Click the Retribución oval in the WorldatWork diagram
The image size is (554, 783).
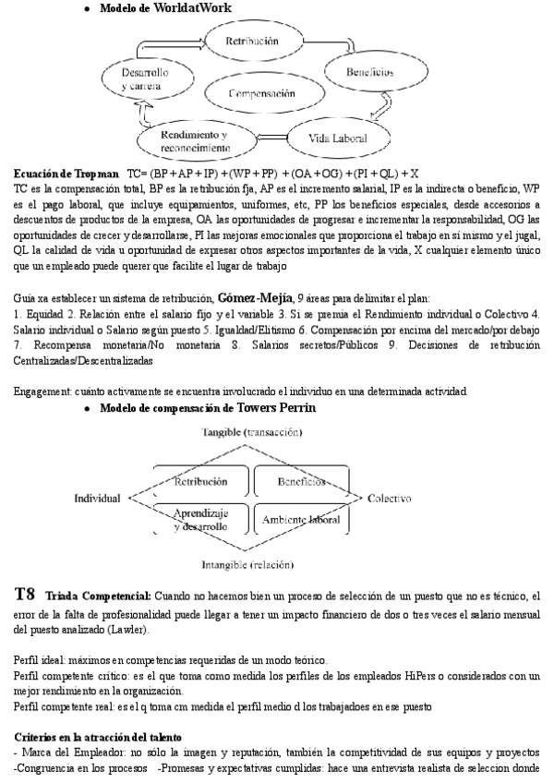coord(252,41)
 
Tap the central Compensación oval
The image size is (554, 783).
coord(262,93)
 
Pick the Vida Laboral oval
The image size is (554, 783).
coord(338,139)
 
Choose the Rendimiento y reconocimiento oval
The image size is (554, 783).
coord(195,139)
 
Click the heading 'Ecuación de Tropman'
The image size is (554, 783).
coord(66,174)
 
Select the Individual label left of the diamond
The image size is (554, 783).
coord(97,499)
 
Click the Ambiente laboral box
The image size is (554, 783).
coord(300,520)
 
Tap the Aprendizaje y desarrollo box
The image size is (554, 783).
coord(201,519)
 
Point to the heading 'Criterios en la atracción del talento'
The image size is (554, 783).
coord(104,737)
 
